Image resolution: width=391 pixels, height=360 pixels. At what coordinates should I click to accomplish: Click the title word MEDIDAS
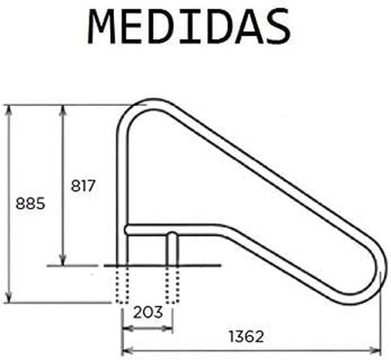click(x=189, y=27)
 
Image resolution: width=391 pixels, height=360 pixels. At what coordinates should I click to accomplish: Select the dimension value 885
click(x=30, y=204)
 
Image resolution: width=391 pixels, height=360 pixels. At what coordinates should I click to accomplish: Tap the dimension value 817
click(x=83, y=186)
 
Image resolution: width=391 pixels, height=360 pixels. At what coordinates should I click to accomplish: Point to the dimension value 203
click(x=148, y=312)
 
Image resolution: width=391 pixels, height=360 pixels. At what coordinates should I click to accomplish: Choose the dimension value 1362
click(x=246, y=337)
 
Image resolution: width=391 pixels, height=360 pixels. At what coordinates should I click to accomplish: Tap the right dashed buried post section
click(x=172, y=285)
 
